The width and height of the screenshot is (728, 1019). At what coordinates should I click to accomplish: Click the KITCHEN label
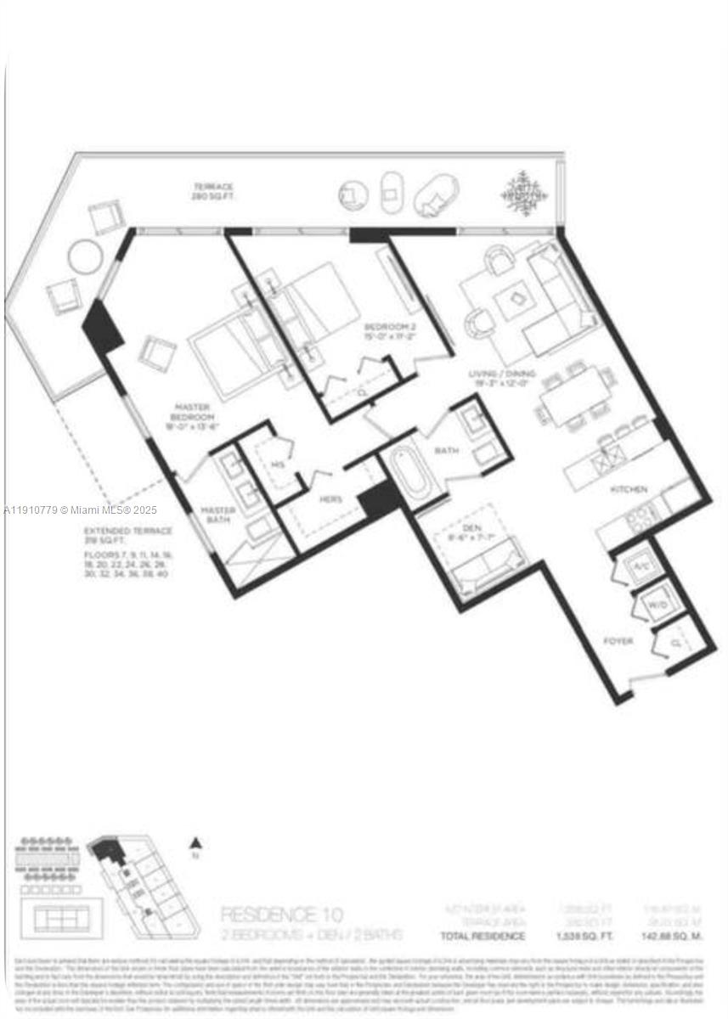(x=629, y=489)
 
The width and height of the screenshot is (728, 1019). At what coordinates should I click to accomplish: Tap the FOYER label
(x=618, y=641)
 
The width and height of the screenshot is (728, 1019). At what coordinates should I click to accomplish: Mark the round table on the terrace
(x=84, y=256)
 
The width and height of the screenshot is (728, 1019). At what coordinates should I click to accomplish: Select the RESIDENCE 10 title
(x=281, y=915)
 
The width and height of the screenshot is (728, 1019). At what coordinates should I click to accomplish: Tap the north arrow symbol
(x=195, y=845)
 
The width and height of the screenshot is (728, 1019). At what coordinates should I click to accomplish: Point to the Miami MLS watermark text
(x=80, y=510)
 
